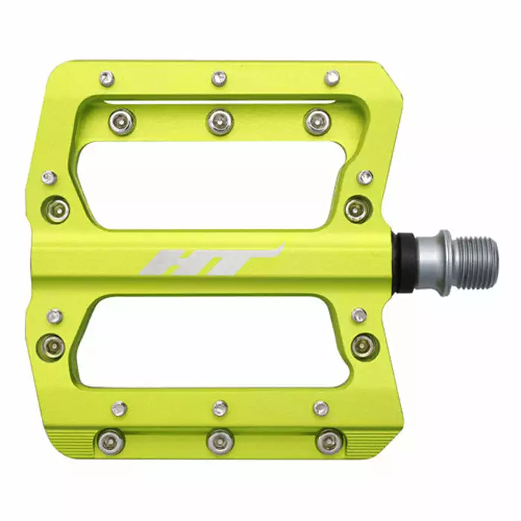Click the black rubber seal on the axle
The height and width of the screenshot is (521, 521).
[x=404, y=263]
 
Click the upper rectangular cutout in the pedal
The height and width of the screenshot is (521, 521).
[x=213, y=185]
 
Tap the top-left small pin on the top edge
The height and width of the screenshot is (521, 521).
[x=107, y=79]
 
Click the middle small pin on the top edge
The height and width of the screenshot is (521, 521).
[x=219, y=80]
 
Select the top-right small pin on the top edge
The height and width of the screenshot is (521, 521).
[x=332, y=78]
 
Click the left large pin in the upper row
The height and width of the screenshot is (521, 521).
[x=122, y=121]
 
